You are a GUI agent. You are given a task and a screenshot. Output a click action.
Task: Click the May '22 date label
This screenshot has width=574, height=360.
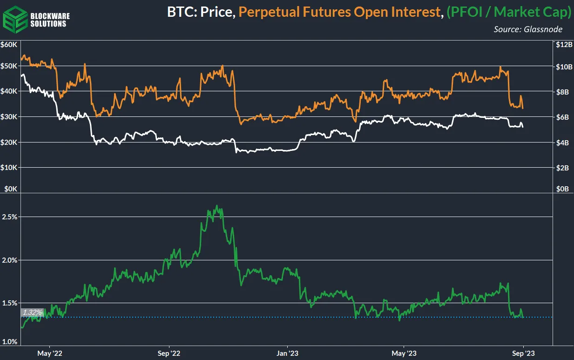coord(50,353)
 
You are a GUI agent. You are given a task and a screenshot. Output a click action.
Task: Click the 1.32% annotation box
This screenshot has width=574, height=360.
coord(33,312)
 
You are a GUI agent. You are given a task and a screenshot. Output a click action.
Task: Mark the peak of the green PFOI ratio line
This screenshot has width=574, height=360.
coord(217,205)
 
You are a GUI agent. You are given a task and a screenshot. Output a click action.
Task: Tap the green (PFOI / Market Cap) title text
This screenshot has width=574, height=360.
coord(508,13)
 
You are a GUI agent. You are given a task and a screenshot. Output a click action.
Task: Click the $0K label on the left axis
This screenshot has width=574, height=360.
coord(10,189)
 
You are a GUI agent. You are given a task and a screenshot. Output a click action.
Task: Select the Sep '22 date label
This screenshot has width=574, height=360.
coord(169,353)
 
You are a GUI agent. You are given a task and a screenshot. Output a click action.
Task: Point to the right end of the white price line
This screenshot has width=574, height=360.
coord(523,127)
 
